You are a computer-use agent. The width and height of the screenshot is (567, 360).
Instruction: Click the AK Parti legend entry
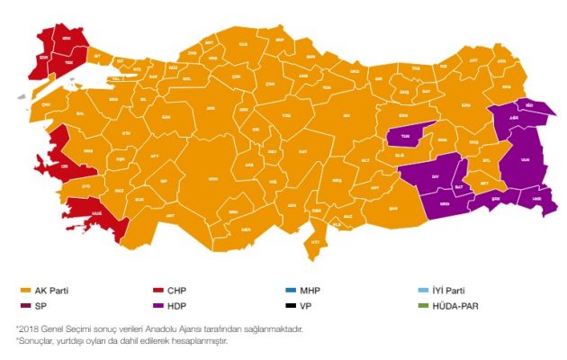45,291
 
